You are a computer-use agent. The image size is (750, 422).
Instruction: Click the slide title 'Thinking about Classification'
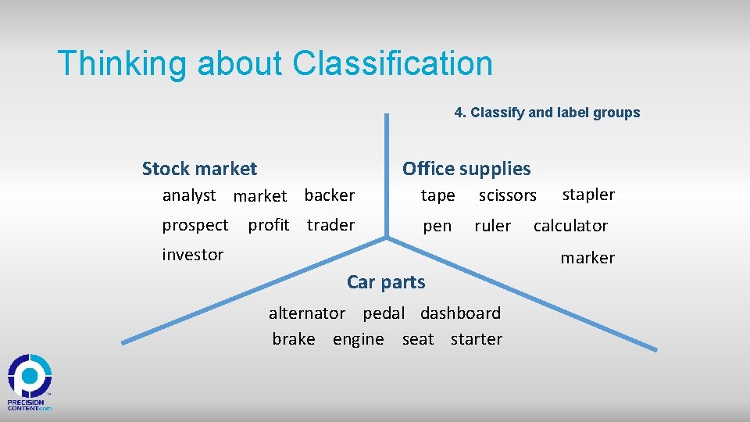coord(275,63)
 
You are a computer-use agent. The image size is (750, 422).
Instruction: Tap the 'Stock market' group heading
coord(199,168)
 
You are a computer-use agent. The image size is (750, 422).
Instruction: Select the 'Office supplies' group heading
coord(466,168)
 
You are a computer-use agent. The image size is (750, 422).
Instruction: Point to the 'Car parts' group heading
coord(386,282)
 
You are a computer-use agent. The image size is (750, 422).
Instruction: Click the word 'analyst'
coord(188,195)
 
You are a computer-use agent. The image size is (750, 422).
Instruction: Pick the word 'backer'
coord(329,195)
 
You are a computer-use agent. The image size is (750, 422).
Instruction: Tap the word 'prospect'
coord(195,225)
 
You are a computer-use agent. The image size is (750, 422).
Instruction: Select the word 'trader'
coord(330,225)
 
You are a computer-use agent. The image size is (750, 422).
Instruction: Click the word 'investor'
coord(193,255)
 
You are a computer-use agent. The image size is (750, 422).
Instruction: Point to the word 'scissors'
coord(507,195)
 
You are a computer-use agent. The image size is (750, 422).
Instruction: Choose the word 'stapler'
coord(588,195)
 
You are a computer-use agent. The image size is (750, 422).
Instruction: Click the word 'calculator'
coord(570,226)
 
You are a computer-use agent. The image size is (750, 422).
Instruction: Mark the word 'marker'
coord(587,258)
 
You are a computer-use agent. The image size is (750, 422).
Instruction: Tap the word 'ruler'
coord(492,226)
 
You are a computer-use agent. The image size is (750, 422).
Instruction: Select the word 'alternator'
coord(307,313)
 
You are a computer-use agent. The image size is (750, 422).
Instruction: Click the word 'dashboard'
coord(460,313)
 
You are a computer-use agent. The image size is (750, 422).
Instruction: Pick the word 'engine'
coord(358,339)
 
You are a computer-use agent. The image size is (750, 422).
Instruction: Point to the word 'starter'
coord(476,339)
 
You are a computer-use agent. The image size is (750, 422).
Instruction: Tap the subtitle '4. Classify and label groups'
coord(547,113)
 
